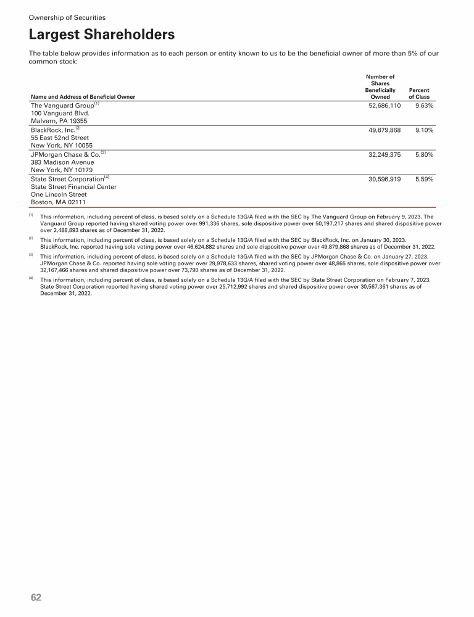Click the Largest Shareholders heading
pos(102,35)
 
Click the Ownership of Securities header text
pos(67,17)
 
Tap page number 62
pos(36,597)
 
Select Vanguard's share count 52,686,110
pos(380,106)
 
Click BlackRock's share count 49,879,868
pos(380,131)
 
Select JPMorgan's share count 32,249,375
pos(380,155)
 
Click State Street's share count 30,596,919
pos(380,179)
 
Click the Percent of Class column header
pos(419,93)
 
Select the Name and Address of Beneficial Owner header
pos(83,97)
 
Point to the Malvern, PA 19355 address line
pos(59,122)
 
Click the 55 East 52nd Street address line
pos(60,138)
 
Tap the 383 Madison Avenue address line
pos(62,162)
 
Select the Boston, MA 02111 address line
pos(58,202)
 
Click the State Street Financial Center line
pos(73,186)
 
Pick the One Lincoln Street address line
pos(59,194)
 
